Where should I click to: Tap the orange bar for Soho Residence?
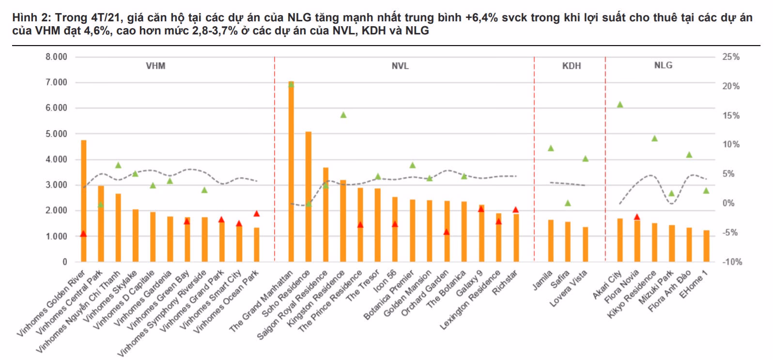pyautogui.click(x=309, y=196)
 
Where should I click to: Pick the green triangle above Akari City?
pyautogui.click(x=620, y=105)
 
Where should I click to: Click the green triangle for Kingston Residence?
pyautogui.click(x=343, y=115)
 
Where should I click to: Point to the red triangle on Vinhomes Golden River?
pyautogui.click(x=83, y=234)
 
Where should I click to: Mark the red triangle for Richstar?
pyautogui.click(x=516, y=210)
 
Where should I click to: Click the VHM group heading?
pyautogui.click(x=155, y=66)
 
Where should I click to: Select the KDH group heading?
pyautogui.click(x=572, y=66)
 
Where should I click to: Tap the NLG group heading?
pyautogui.click(x=663, y=65)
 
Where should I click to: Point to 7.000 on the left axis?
pyautogui.click(x=56, y=82)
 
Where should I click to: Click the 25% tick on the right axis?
pyautogui.click(x=731, y=57)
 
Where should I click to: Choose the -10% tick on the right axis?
pyautogui.click(x=732, y=262)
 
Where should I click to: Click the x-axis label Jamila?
pyautogui.click(x=542, y=281)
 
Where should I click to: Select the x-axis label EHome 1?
pyautogui.click(x=694, y=284)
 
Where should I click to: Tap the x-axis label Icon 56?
pyautogui.click(x=385, y=282)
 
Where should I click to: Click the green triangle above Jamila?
pyautogui.click(x=551, y=148)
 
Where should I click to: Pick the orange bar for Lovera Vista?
pyautogui.click(x=586, y=244)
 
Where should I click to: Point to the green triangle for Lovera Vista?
pyautogui.click(x=585, y=158)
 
